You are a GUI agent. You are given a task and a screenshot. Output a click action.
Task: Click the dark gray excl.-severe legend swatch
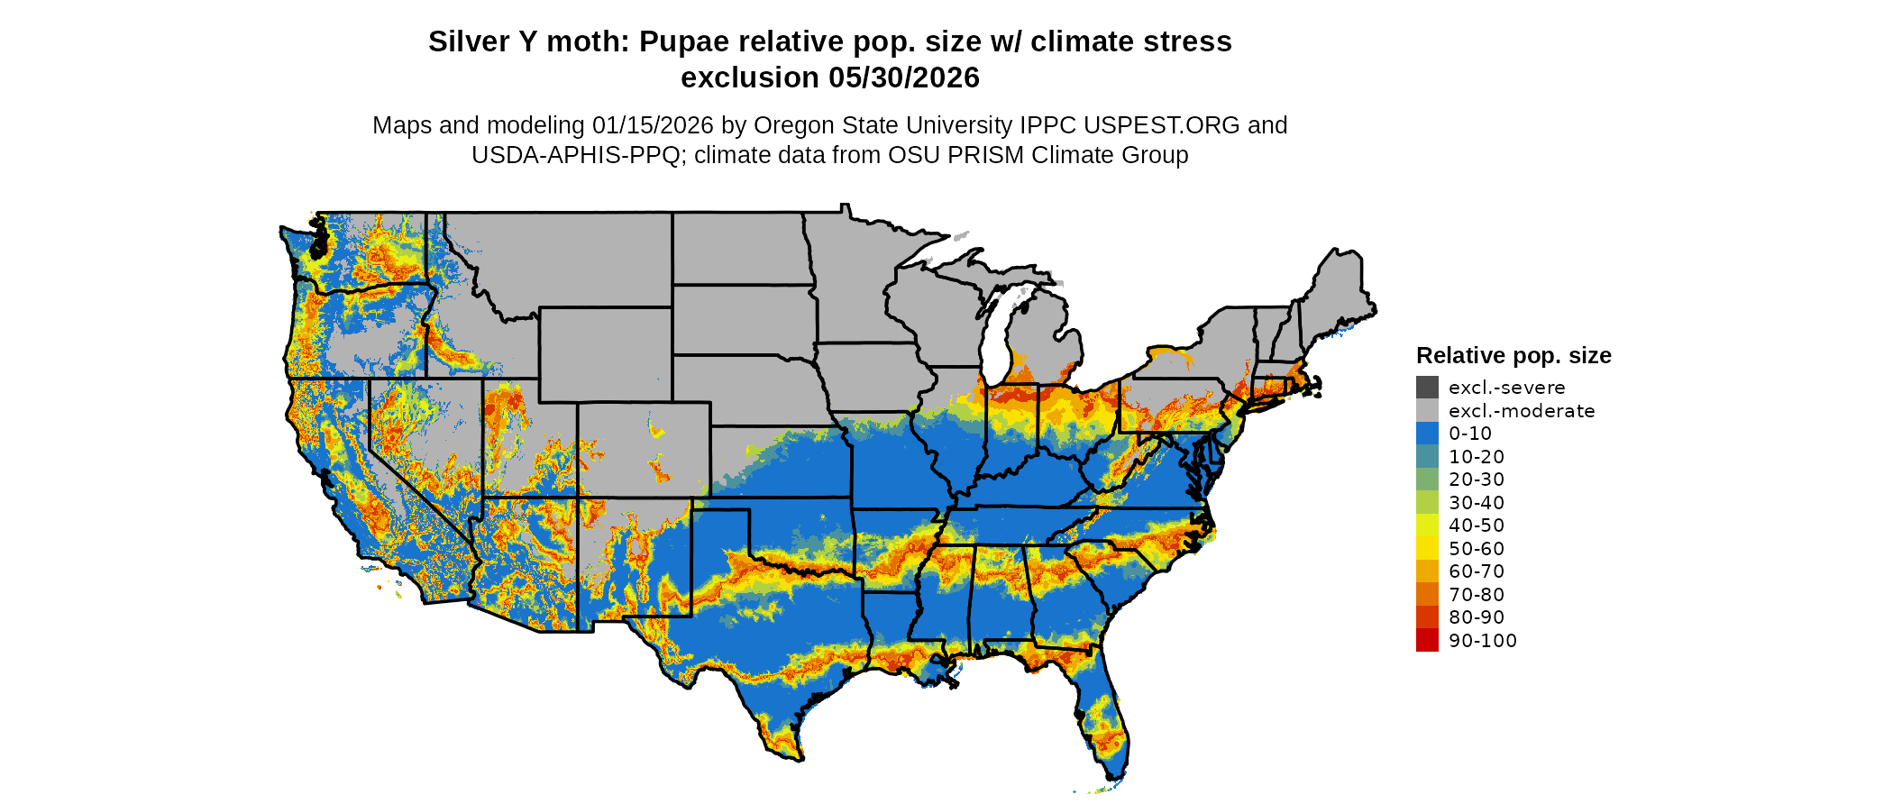click(x=1427, y=388)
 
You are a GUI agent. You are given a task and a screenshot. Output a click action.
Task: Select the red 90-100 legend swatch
click(x=1427, y=640)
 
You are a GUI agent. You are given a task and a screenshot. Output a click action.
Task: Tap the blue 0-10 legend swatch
click(x=1427, y=434)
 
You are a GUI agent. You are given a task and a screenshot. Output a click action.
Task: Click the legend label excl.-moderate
click(x=1522, y=411)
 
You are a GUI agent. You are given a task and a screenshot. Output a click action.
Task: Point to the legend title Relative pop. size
click(x=1513, y=355)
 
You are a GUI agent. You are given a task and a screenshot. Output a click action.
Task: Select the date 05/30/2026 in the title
click(x=904, y=78)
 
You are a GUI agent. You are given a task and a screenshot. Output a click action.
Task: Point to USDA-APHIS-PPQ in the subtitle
click(x=576, y=155)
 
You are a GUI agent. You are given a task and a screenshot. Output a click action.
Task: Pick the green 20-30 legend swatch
click(x=1427, y=480)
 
